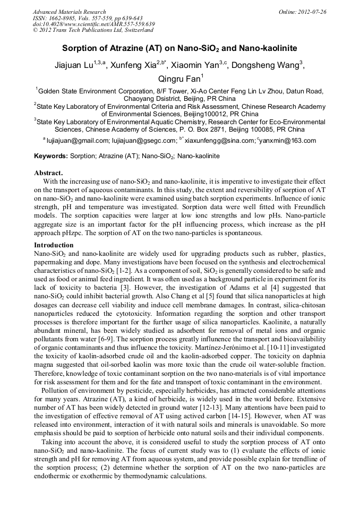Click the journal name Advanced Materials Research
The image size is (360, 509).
pos(69,12)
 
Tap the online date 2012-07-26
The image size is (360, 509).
pos(310,12)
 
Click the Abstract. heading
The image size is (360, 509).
pos(48,173)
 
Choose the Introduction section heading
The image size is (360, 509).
pos(54,245)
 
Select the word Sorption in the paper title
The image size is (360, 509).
pos(80,48)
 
